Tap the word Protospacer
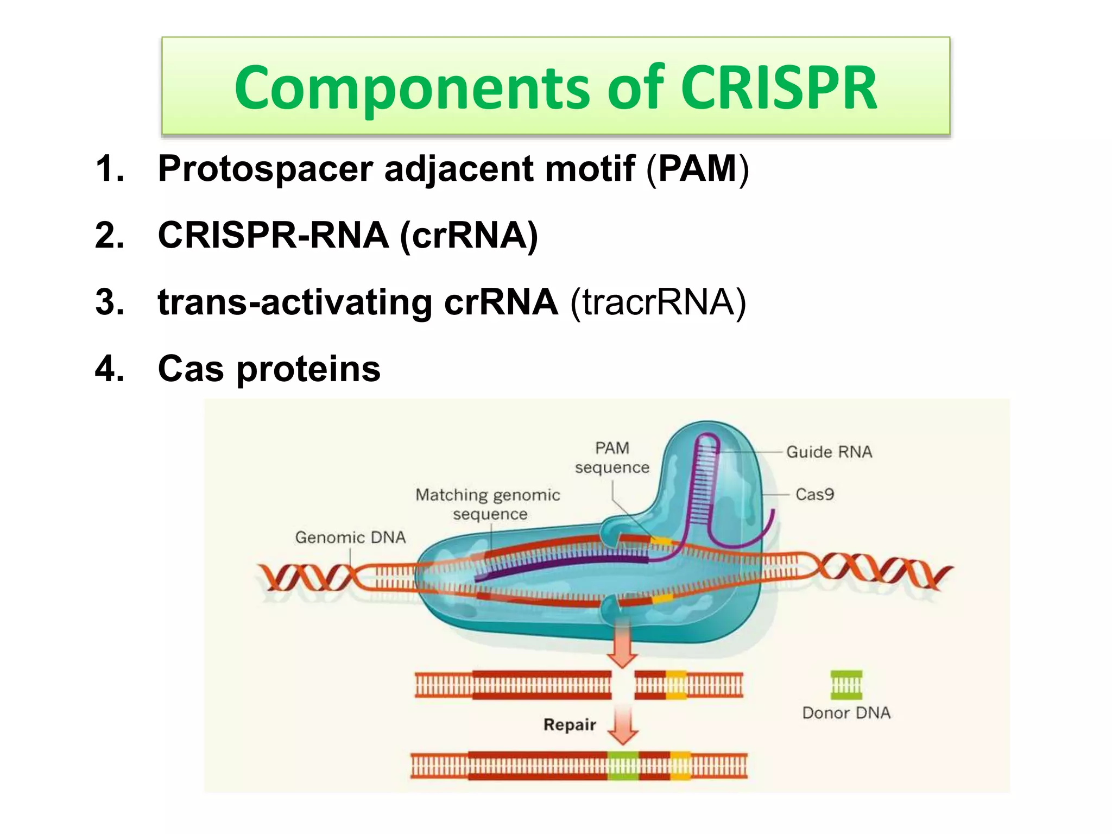point(265,169)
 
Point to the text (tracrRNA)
point(658,302)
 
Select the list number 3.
point(109,302)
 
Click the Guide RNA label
point(829,452)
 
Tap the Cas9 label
point(814,495)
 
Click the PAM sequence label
point(612,458)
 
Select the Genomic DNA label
point(350,538)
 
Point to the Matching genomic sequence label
point(488,504)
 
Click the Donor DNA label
point(846,713)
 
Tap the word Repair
point(570,725)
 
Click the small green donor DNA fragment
point(846,685)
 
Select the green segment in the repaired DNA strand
point(623,766)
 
